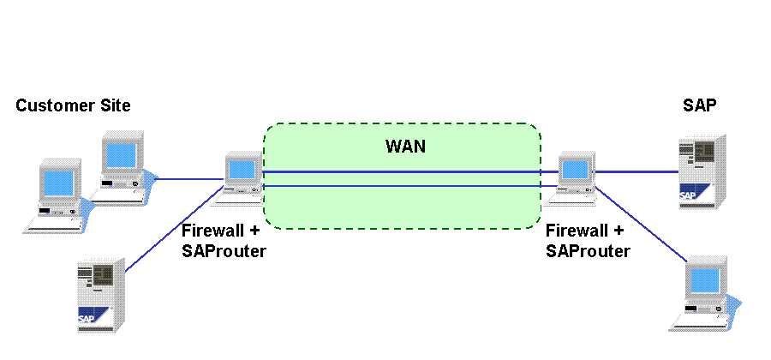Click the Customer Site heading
coord(74,105)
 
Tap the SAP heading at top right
coord(699,105)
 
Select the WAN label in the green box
coord(405,146)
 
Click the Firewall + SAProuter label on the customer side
coord(224,241)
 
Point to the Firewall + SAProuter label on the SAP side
coord(588,241)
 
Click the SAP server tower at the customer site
coord(101,295)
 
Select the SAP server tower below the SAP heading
coord(702,171)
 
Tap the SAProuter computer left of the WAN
coord(243,177)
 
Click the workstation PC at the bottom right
coord(706,294)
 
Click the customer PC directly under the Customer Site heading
coord(123,167)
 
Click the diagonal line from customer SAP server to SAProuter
coord(175,229)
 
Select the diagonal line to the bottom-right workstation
coord(641,224)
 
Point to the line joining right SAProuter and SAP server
coord(637,172)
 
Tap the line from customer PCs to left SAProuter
coord(189,178)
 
